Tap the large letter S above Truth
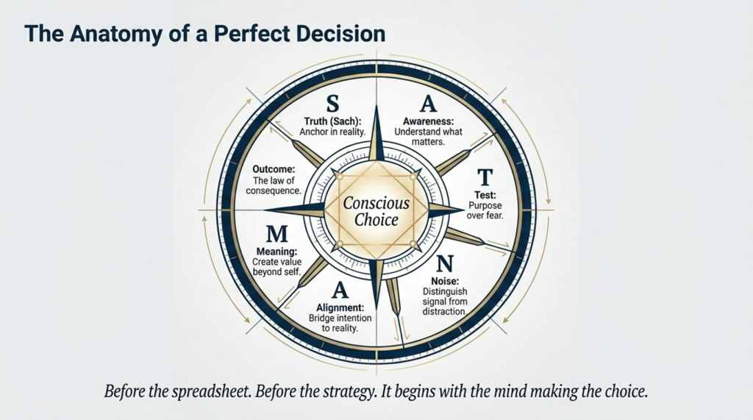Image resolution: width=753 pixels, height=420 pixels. (332, 103)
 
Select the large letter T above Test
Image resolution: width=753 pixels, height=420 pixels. (485, 177)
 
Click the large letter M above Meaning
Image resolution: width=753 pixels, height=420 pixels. (276, 234)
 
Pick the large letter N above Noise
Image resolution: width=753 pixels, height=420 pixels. (445, 263)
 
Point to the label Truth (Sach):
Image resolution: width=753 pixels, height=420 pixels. (332, 121)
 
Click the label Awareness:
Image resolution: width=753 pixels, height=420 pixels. (429, 121)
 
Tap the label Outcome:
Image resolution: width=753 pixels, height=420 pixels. (274, 169)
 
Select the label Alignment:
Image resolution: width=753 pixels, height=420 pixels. (340, 307)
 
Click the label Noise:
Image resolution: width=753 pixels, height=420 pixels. (445, 281)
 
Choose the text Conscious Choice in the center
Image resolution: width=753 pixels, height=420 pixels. (376, 211)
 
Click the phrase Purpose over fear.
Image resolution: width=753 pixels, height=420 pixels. (485, 210)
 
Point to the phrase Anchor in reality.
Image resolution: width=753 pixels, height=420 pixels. (332, 132)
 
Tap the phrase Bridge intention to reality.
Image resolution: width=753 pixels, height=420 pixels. (340, 324)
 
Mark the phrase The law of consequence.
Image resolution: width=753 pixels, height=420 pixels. (274, 186)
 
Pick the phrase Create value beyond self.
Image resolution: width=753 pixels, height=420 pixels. (277, 267)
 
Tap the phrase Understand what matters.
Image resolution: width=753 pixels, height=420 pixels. (429, 137)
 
